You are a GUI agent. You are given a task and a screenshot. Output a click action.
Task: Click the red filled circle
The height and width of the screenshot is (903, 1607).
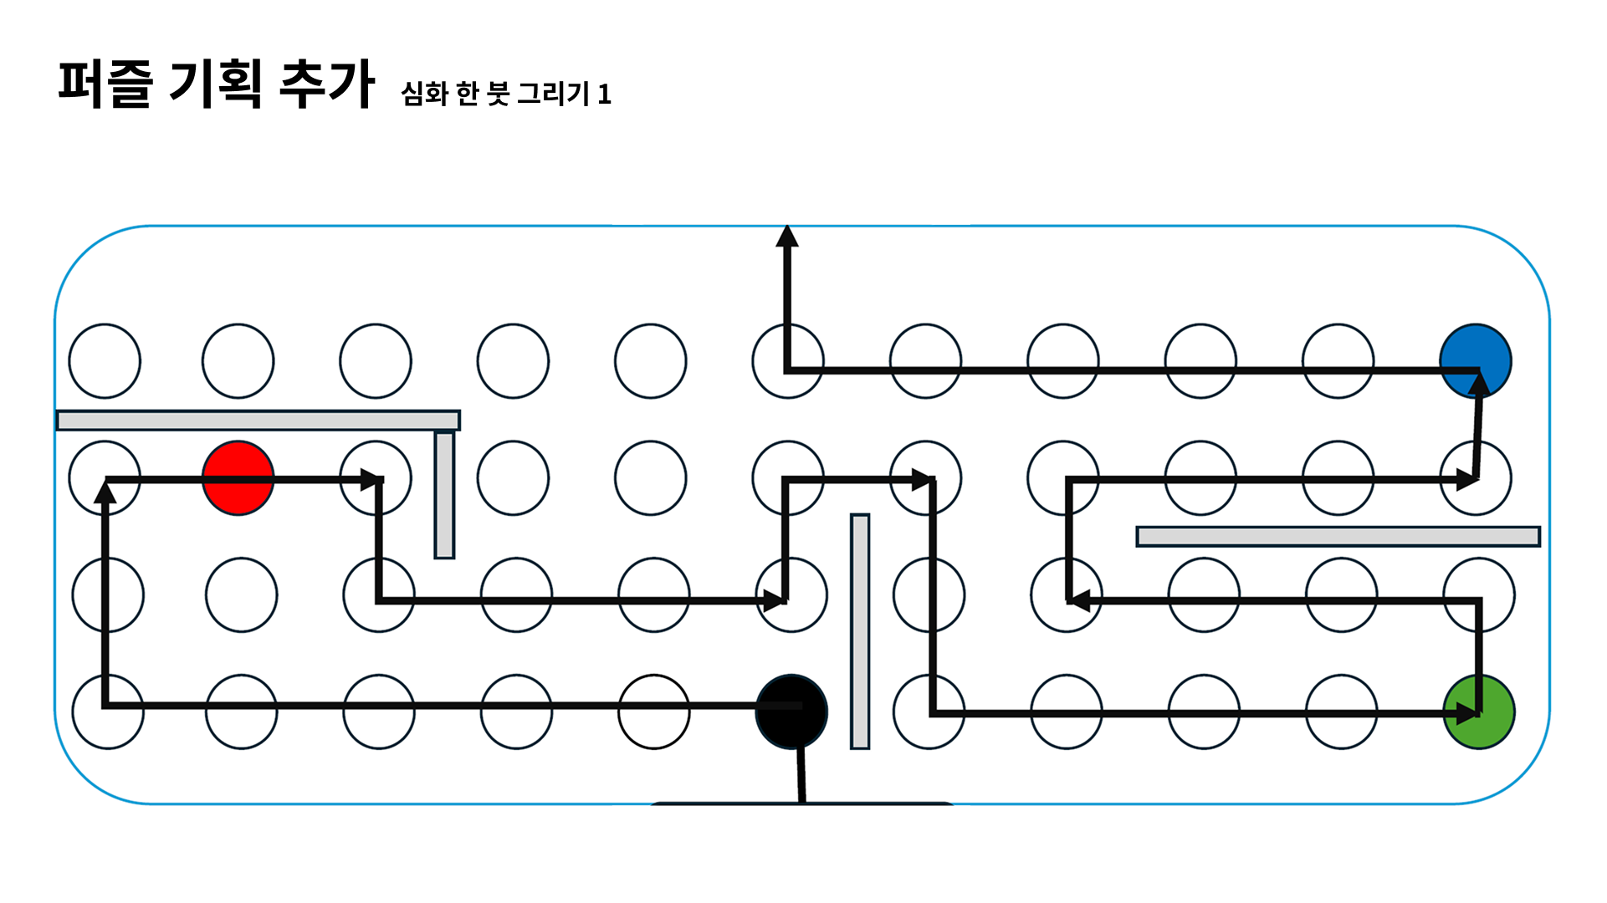(238, 478)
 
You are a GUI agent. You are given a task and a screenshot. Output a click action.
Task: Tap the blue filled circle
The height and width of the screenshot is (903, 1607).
(1476, 360)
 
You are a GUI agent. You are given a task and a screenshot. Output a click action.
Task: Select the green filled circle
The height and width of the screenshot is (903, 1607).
(1479, 712)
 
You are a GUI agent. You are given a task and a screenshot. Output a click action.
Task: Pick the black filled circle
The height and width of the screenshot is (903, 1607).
(791, 712)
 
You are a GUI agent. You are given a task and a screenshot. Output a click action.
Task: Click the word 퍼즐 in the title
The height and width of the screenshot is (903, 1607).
(105, 84)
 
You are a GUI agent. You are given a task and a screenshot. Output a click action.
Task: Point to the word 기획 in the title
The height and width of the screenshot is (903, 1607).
(216, 84)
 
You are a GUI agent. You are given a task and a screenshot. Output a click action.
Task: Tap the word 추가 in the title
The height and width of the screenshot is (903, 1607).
(326, 84)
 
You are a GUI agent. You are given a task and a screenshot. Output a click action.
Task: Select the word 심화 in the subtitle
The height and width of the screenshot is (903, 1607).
(425, 93)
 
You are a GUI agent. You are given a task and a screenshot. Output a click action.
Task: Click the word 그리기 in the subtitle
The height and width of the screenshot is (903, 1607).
(554, 93)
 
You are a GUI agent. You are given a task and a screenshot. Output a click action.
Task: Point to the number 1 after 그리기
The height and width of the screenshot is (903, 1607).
(604, 94)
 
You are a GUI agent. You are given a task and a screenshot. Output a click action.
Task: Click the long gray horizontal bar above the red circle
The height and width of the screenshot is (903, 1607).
(258, 420)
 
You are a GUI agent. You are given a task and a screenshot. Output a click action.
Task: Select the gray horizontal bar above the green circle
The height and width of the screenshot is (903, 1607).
(1338, 536)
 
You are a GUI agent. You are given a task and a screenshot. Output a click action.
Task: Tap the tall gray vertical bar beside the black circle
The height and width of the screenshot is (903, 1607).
(860, 631)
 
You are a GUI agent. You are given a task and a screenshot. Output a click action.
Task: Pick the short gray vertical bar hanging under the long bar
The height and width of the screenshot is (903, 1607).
(444, 495)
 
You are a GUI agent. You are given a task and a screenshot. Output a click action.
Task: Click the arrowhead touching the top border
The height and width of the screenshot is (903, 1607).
(787, 237)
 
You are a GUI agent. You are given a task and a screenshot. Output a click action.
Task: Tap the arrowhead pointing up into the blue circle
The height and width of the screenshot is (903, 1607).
(1479, 385)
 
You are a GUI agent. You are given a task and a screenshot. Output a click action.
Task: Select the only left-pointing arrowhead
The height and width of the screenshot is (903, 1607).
(1080, 600)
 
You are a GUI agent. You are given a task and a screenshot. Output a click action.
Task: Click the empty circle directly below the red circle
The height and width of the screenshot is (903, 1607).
(242, 595)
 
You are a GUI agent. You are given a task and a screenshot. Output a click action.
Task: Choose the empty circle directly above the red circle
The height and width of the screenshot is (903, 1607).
(238, 361)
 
